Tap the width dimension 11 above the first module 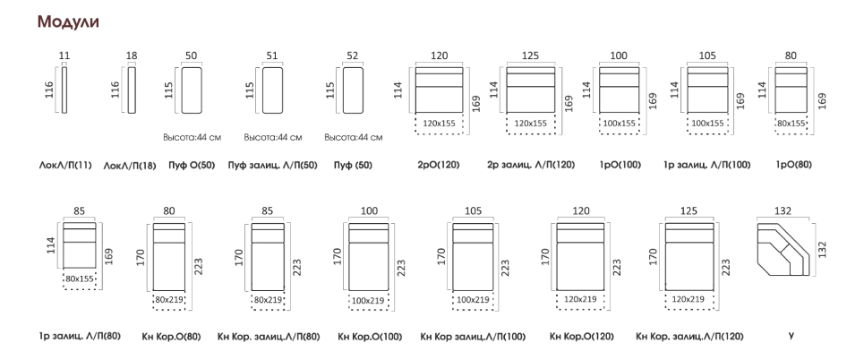point(64,56)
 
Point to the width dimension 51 point(272,56)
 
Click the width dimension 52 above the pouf point(352,56)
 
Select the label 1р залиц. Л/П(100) point(707,165)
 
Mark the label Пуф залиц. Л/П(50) point(272,165)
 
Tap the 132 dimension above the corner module point(782,210)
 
